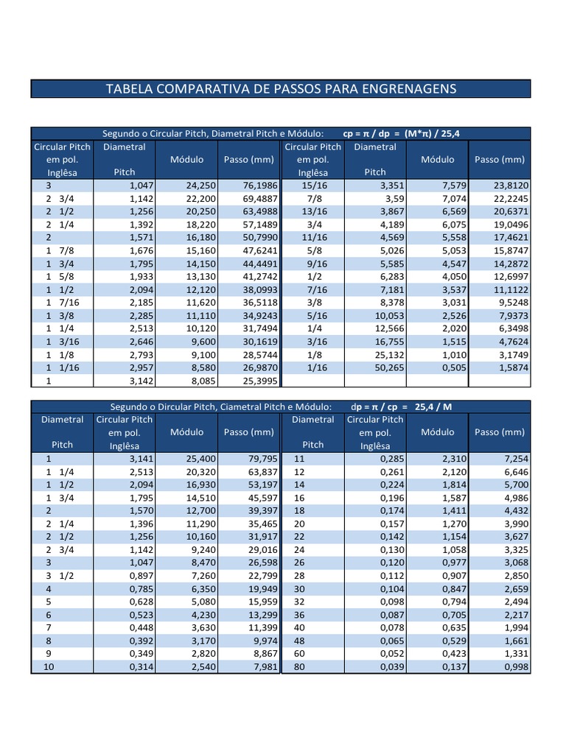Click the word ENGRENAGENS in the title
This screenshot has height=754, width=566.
(x=409, y=89)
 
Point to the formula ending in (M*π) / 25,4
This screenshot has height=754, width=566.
(x=402, y=133)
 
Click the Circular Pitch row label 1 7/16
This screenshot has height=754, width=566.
(x=63, y=303)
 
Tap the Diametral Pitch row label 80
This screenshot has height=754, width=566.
(x=299, y=666)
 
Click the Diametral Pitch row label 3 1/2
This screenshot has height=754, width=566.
(x=60, y=576)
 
